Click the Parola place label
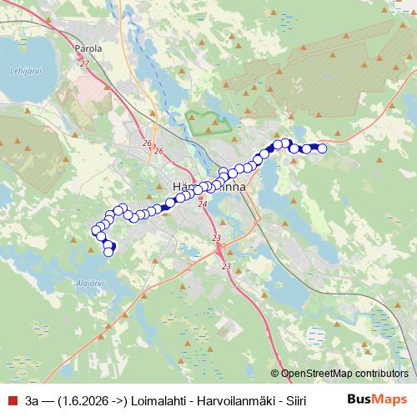pyautogui.click(x=88, y=48)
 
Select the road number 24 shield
pyautogui.click(x=202, y=203)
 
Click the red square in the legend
pyautogui.click(x=12, y=399)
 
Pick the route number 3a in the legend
pyautogui.click(x=33, y=399)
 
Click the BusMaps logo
pyautogui.click(x=376, y=399)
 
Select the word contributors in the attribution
pyautogui.click(x=382, y=374)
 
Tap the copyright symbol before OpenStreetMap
pyautogui.click(x=275, y=374)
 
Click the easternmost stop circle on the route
pyautogui.click(x=322, y=148)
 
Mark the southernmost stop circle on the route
pyautogui.click(x=108, y=252)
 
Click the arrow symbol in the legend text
pyautogui.click(x=118, y=399)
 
